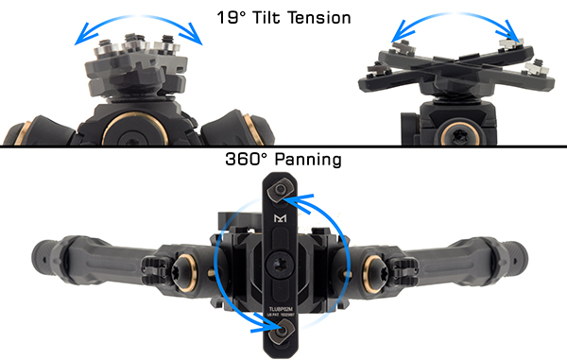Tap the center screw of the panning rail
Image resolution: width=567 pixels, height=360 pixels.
pyautogui.click(x=282, y=262)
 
